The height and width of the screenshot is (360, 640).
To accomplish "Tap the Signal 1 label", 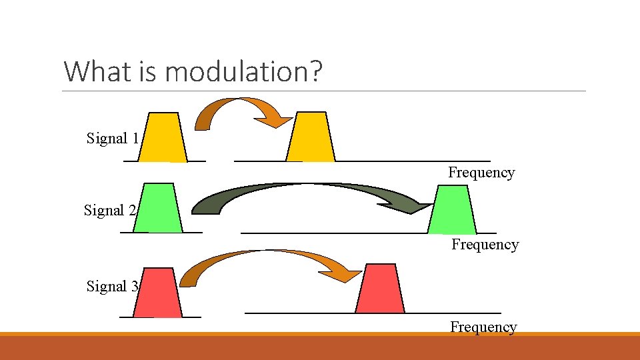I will tap(113, 139).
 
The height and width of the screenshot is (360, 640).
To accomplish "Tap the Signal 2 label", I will tap(110, 211).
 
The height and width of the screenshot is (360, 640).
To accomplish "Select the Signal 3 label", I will tap(113, 287).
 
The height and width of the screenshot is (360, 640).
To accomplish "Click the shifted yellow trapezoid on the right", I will tap(311, 138).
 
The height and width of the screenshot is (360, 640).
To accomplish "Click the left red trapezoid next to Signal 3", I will tap(158, 293).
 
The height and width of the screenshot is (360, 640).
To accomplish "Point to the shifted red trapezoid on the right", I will tap(379, 289).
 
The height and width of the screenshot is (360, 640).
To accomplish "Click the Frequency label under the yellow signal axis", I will tap(481, 173).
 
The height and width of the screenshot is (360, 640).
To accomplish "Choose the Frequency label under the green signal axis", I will tap(485, 245).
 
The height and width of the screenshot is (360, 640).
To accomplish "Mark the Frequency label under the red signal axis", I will tap(483, 327).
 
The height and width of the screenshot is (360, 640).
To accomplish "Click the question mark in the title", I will tap(315, 71).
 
